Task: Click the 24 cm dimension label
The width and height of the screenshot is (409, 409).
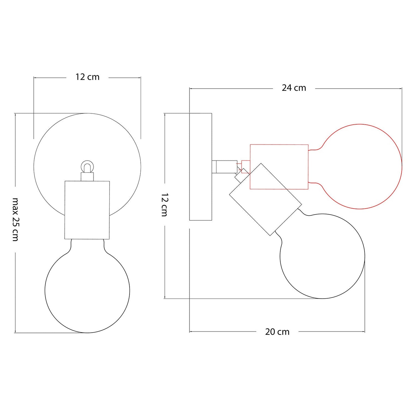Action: (294, 88)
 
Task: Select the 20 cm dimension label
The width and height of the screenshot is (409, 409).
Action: (277, 332)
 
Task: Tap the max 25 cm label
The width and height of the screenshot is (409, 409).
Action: (15, 219)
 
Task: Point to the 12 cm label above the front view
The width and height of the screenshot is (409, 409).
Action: (87, 77)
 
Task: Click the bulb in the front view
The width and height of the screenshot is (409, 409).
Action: (45, 290)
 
